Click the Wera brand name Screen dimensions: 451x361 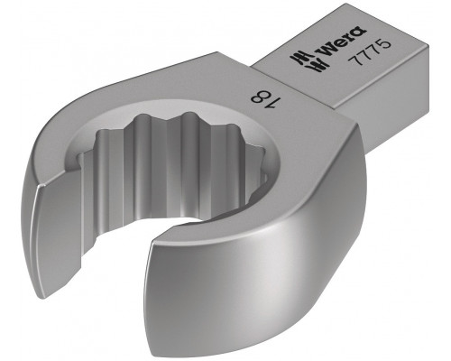(x=343, y=42)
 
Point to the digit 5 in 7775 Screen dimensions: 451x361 (x=385, y=44)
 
